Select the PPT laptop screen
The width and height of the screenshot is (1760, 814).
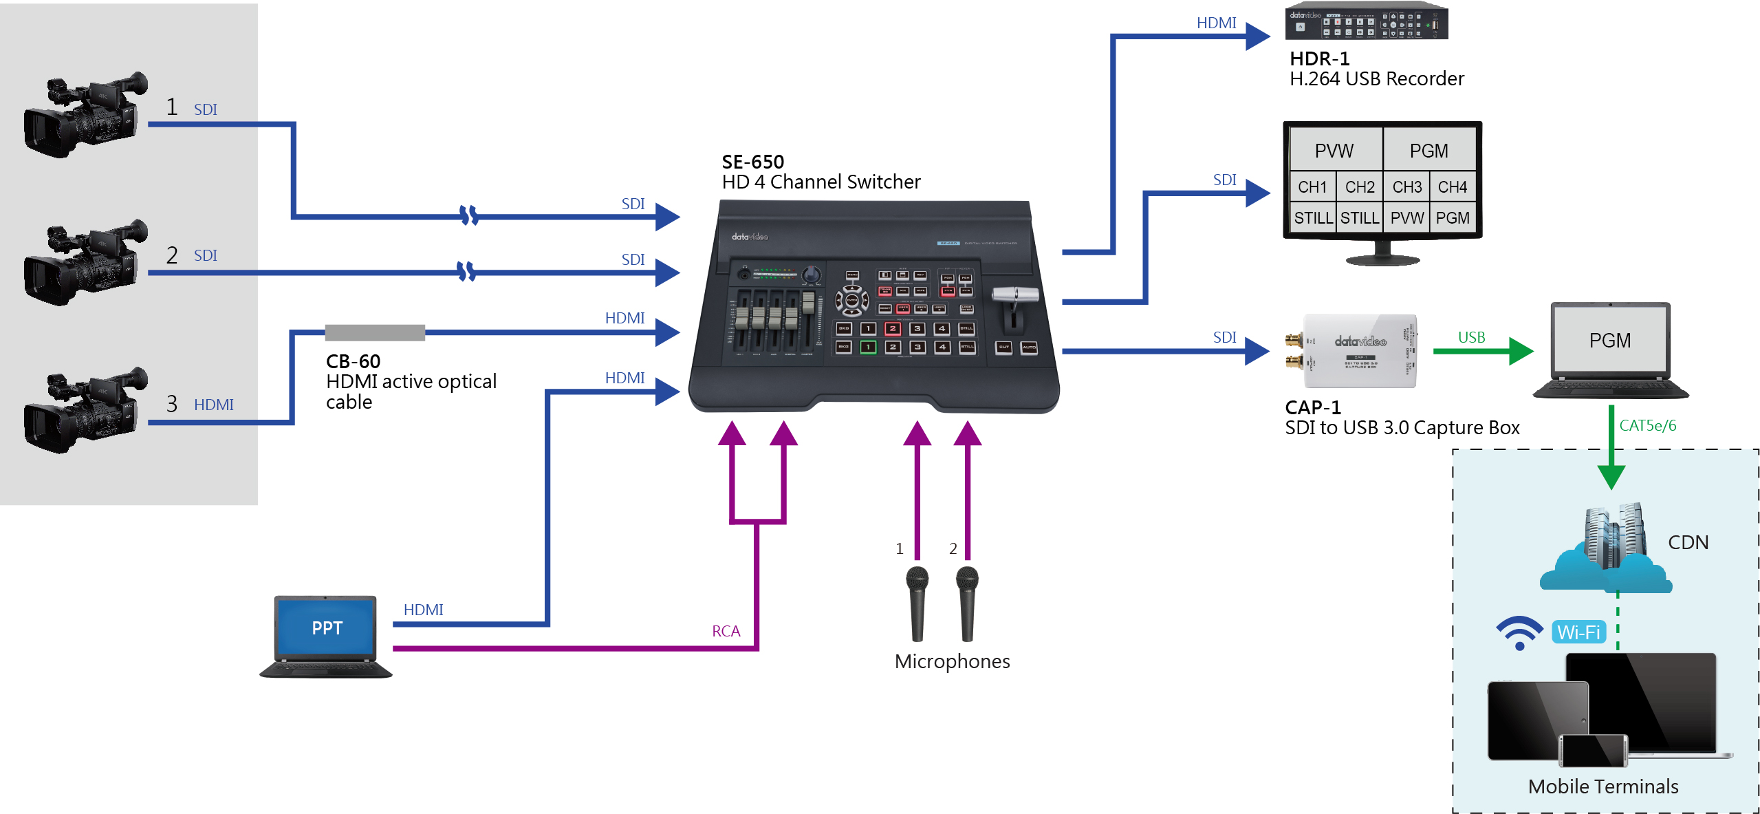point(326,628)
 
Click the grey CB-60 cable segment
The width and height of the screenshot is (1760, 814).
point(375,333)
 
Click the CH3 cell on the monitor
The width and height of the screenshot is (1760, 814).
point(1406,187)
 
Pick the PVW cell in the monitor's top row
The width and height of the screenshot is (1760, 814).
point(1334,151)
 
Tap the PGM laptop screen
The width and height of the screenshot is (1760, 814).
point(1609,341)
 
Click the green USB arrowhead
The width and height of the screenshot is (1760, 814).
point(1521,352)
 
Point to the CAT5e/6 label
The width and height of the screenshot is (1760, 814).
point(1647,426)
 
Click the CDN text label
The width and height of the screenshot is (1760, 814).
point(1688,542)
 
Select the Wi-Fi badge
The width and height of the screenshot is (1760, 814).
point(1578,632)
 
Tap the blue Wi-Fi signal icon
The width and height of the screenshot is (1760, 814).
point(1519,632)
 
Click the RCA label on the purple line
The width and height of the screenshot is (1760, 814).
point(726,632)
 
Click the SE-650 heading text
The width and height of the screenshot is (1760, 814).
point(752,162)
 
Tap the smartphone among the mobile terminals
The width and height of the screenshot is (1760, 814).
point(1592,751)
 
